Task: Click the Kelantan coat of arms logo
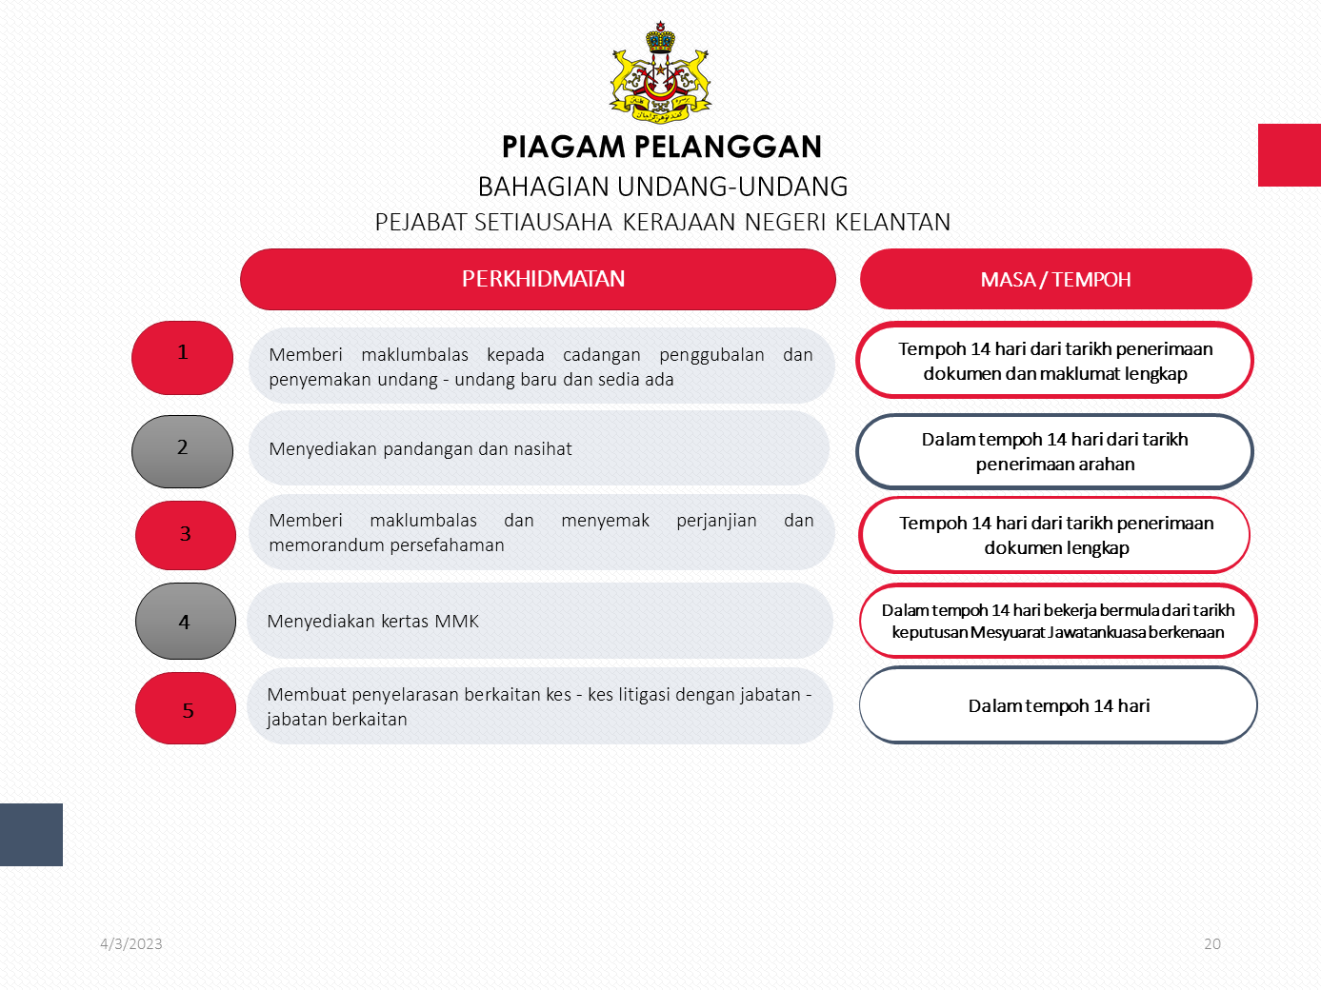click(x=661, y=73)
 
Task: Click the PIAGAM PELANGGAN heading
click(x=661, y=147)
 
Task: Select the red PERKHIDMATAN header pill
click(x=538, y=279)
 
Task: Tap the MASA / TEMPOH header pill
click(x=1055, y=279)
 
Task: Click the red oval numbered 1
click(x=182, y=357)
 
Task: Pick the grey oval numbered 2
click(x=182, y=451)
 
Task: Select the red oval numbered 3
click(x=186, y=535)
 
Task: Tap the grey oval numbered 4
click(x=186, y=622)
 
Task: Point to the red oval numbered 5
click(x=186, y=708)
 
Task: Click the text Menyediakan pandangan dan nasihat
click(x=420, y=449)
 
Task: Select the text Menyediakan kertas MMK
click(x=372, y=622)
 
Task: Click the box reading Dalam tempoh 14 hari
click(x=1058, y=705)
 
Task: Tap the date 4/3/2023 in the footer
click(x=131, y=944)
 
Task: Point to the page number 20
click(x=1211, y=944)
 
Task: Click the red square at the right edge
click(x=1289, y=155)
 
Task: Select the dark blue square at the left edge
click(x=31, y=835)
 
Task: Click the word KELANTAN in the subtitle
click(x=892, y=223)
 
